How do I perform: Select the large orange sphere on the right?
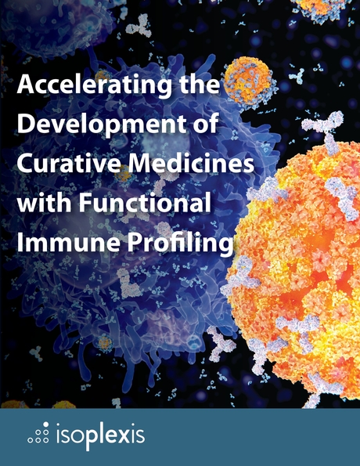pyautogui.click(x=305, y=251)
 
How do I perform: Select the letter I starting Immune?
pyautogui.click(x=21, y=243)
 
